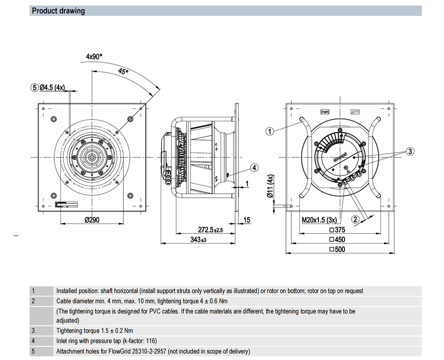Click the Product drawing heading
point(58,11)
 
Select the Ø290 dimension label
point(91,220)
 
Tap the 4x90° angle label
point(94,56)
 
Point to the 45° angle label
point(123,71)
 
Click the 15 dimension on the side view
point(247,220)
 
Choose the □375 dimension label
point(338,230)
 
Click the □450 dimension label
point(338,240)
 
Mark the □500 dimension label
point(338,250)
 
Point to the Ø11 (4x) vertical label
point(270,186)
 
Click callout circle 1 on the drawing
point(270,131)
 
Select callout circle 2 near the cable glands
point(355,219)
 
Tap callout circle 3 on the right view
point(410,152)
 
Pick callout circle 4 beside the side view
point(254,168)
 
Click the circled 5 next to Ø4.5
point(35,88)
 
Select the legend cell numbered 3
point(33,331)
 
